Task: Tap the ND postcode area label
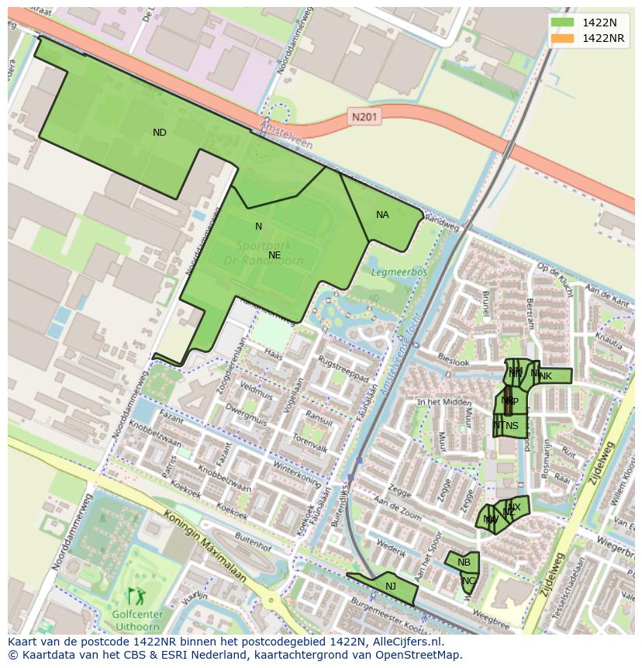[x=159, y=133]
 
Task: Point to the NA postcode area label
[x=382, y=215]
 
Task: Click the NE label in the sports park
[x=274, y=254]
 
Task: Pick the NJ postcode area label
[x=391, y=587]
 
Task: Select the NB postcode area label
[x=464, y=562]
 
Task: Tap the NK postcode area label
[x=546, y=376]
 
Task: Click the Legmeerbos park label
[x=399, y=272]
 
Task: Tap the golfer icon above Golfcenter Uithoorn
[x=136, y=597]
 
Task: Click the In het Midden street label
[x=444, y=402]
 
